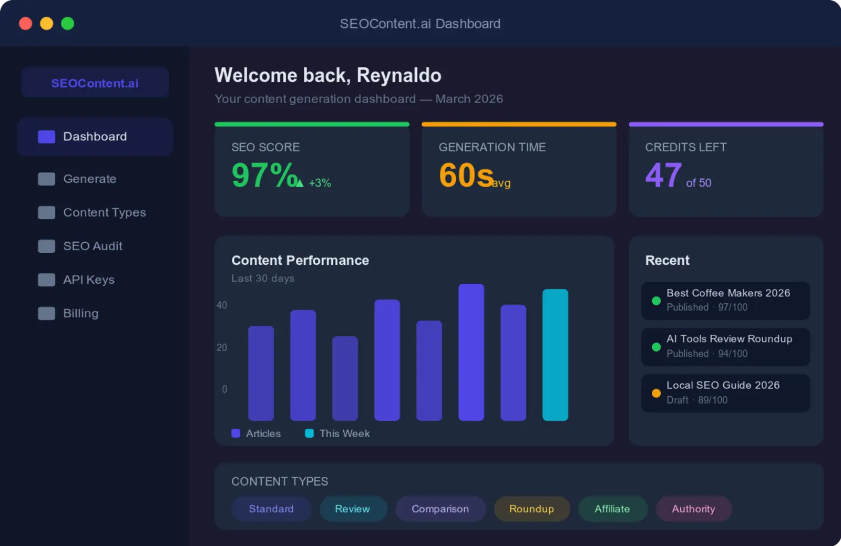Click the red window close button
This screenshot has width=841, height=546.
(25, 24)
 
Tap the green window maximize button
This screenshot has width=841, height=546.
(67, 24)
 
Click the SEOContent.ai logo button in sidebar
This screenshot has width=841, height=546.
(95, 83)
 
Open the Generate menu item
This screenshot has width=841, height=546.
(89, 179)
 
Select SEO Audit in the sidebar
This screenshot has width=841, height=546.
(93, 246)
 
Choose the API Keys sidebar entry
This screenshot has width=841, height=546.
(88, 280)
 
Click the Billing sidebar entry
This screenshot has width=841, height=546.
(80, 313)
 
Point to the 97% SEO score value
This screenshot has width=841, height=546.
(265, 175)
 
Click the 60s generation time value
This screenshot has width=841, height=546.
(466, 175)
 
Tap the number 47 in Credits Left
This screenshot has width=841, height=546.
(663, 175)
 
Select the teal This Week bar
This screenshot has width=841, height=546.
(555, 355)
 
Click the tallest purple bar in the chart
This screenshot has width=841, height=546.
(471, 352)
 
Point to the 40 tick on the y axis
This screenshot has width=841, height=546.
(222, 305)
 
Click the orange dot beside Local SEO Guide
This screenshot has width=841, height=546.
(656, 393)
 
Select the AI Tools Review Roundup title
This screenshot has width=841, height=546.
(729, 339)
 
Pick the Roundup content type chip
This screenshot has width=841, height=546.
(531, 509)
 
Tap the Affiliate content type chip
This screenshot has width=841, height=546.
(612, 509)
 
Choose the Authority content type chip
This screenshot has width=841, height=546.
(693, 509)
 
